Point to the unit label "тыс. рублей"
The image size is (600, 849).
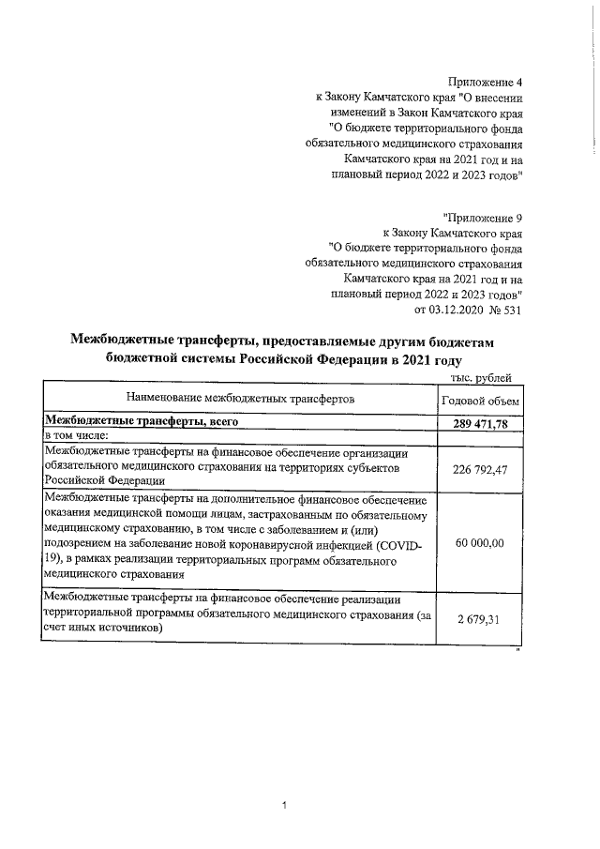click(x=482, y=378)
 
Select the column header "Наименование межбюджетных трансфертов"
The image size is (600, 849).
click(x=240, y=400)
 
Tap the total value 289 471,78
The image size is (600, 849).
click(x=480, y=424)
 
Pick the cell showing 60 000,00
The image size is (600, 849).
click(x=480, y=543)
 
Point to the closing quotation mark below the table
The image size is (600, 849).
click(x=517, y=647)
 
